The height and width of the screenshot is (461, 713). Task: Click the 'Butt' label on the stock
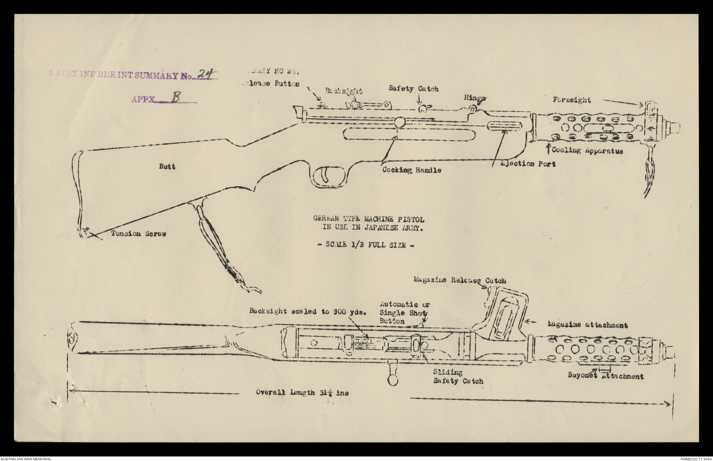tap(167, 166)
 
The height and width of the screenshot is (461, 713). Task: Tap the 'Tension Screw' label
tap(139, 234)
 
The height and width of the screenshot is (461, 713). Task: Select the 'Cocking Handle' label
tap(412, 170)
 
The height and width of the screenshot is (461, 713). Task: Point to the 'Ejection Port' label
tap(528, 164)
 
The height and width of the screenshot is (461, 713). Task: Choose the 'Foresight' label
tap(572, 100)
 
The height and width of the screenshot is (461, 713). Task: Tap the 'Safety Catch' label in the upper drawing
tap(414, 89)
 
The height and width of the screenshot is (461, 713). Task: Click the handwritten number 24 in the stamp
tap(205, 74)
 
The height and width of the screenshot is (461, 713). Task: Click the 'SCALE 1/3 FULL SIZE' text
tap(366, 245)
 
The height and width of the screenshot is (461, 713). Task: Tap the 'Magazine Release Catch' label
tap(460, 280)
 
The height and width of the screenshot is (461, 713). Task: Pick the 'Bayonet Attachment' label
tap(605, 376)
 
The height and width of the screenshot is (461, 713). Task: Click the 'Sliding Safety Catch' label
tap(457, 377)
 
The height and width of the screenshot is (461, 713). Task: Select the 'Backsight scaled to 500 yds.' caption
tap(308, 311)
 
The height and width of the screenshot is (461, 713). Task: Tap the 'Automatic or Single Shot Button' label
tap(404, 313)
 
